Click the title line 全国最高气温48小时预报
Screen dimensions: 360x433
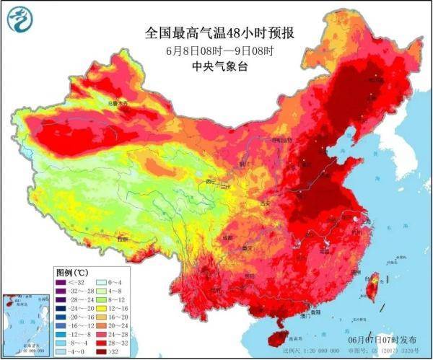coord(222,34)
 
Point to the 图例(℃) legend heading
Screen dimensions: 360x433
coord(72,272)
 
